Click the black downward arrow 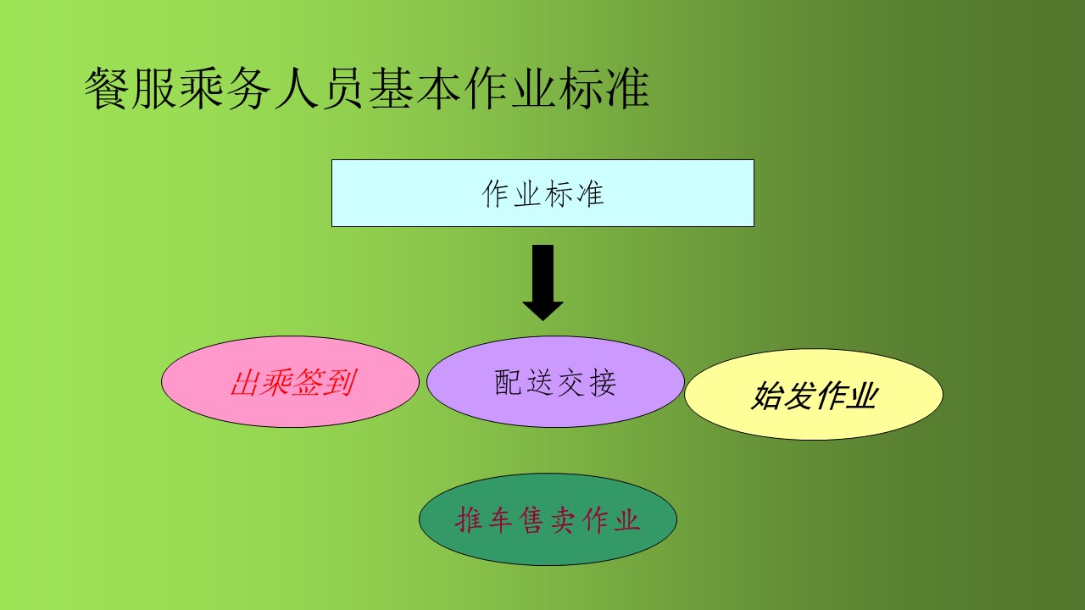pos(542,282)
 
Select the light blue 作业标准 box pos(542,193)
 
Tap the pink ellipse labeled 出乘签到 pos(290,381)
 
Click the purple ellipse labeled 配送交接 pos(555,381)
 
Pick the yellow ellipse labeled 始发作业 pos(814,394)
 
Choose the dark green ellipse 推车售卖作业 pos(548,519)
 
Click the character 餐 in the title pos(107,89)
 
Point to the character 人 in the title pos(296,89)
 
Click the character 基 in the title pos(390,89)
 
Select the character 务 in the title pos(248,89)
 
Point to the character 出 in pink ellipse pos(245,382)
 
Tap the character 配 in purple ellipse pos(508,382)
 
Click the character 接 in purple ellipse pos(603,382)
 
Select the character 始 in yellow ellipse pos(768,395)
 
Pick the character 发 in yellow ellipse pos(799,395)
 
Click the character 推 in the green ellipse pos(469,520)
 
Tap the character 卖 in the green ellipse pos(564,520)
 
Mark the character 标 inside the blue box pos(559,194)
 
